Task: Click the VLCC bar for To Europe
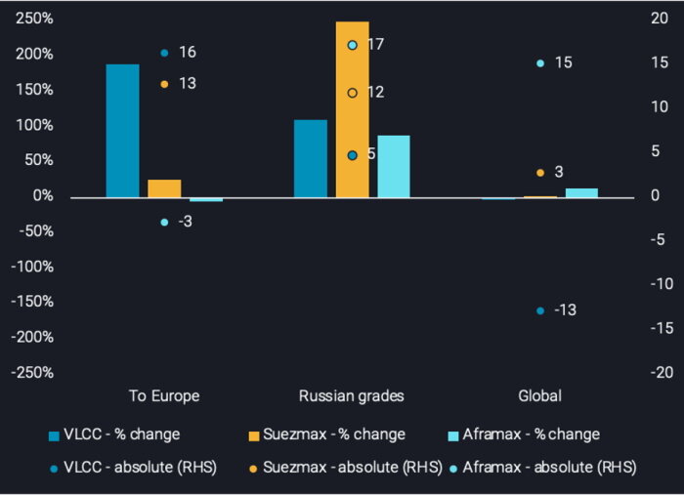[x=122, y=131]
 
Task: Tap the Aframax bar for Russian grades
[x=393, y=166]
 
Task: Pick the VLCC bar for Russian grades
[x=310, y=158]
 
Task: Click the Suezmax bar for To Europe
[x=164, y=188]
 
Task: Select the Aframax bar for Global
[x=580, y=192]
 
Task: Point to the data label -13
[x=565, y=310]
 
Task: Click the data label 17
[x=376, y=45]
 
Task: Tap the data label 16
[x=188, y=52]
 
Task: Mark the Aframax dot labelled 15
[x=540, y=63]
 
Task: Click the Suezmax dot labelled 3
[x=540, y=173]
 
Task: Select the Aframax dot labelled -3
[x=164, y=223]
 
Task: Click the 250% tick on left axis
[x=34, y=19]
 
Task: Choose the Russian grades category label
[x=351, y=396]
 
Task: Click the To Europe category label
[x=164, y=396]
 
